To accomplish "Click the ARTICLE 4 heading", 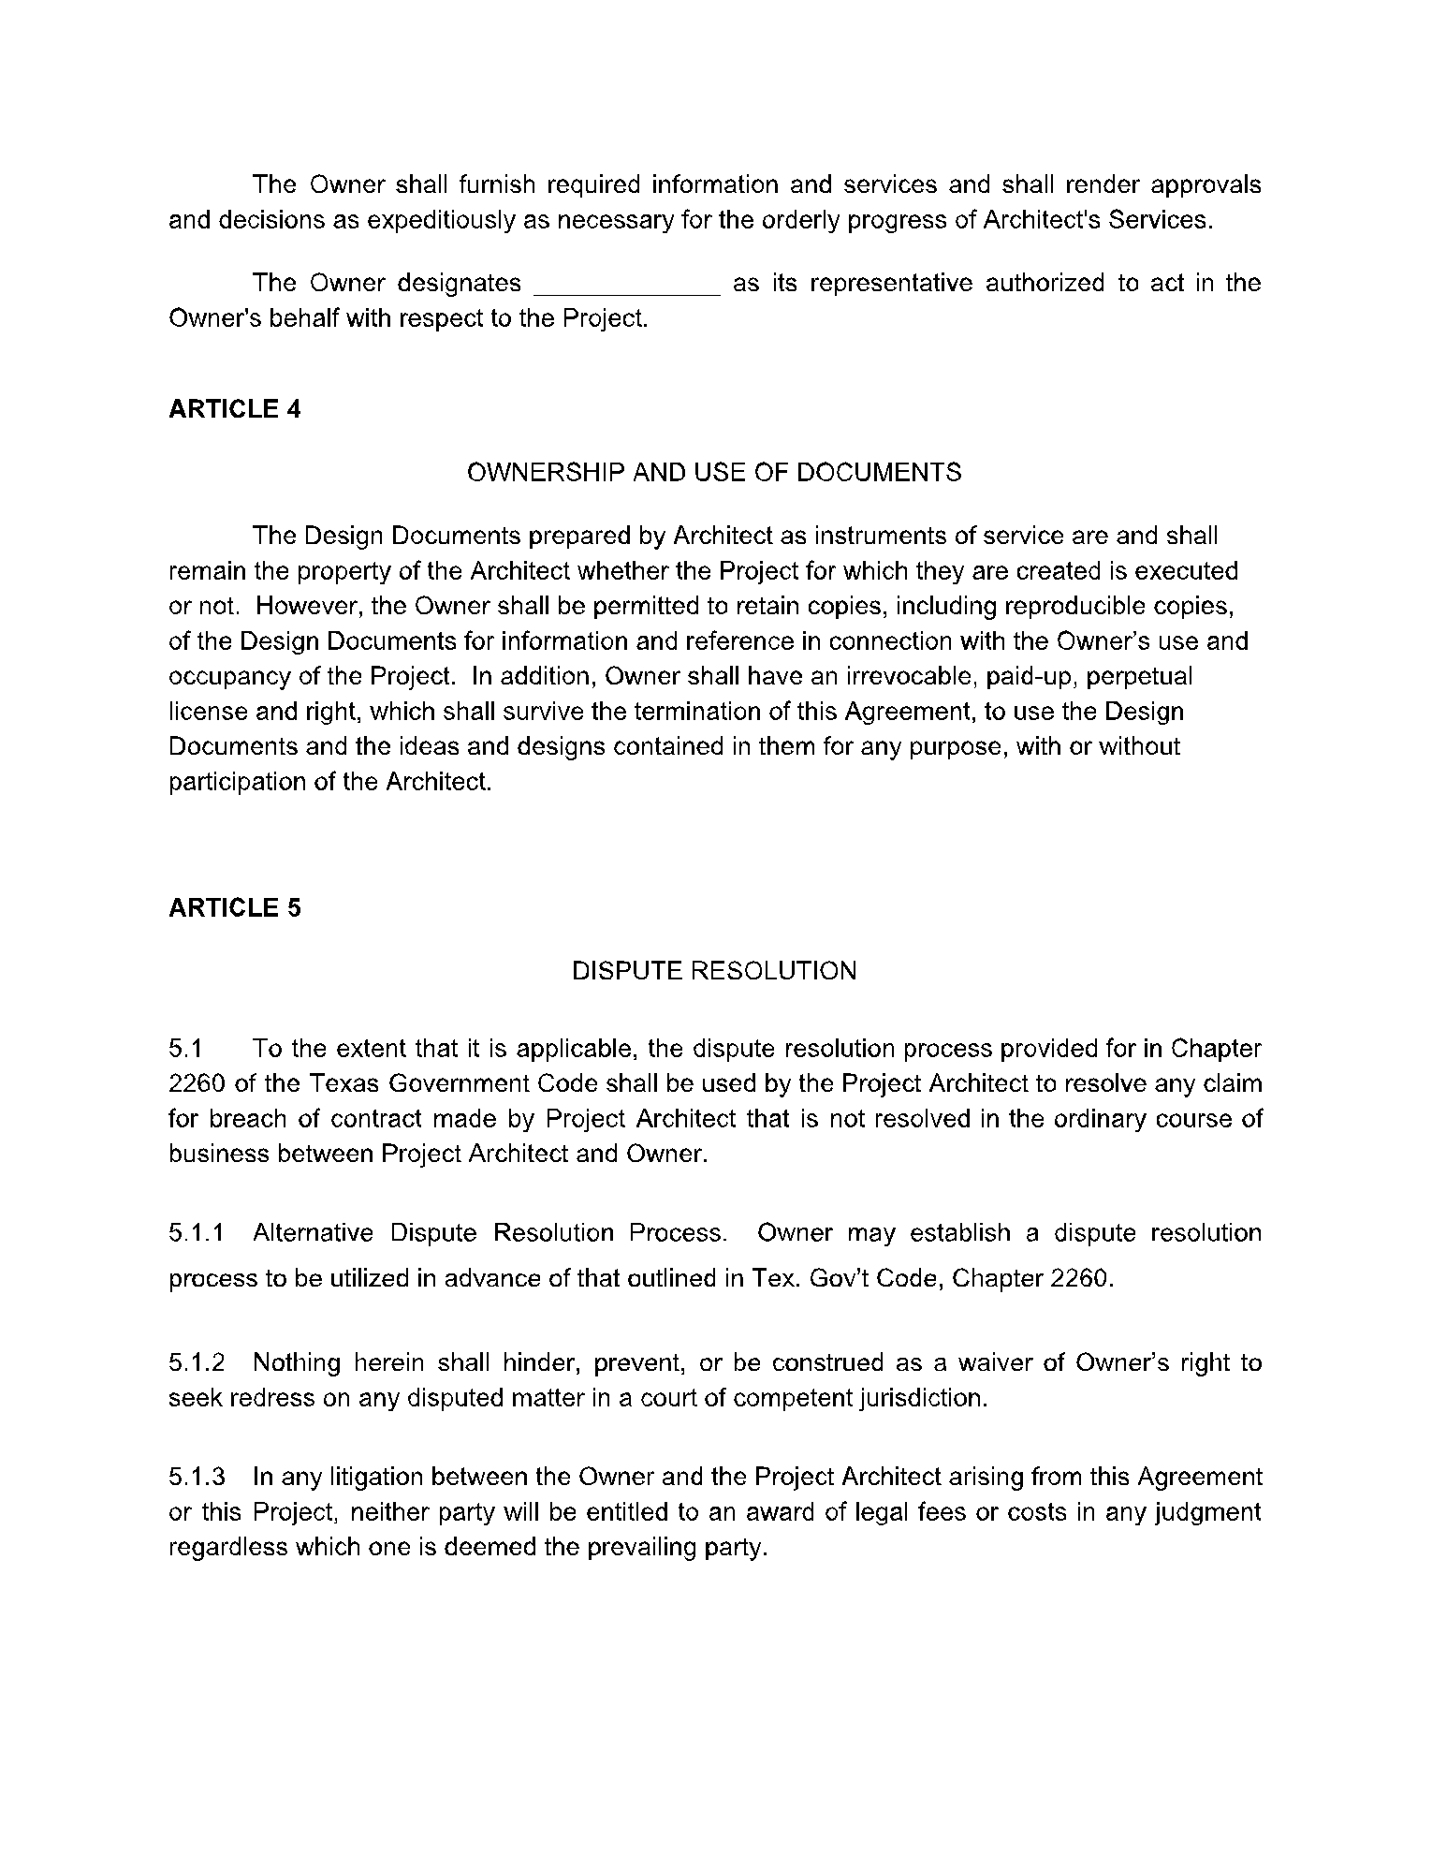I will tap(234, 409).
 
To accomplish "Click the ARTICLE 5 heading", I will tap(234, 908).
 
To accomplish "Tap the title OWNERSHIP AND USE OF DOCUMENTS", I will tap(713, 472).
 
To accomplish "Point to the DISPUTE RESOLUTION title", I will tap(713, 971).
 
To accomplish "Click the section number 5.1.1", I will tap(197, 1232).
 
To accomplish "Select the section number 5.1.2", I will tap(197, 1362).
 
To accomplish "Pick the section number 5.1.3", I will tap(197, 1477).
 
